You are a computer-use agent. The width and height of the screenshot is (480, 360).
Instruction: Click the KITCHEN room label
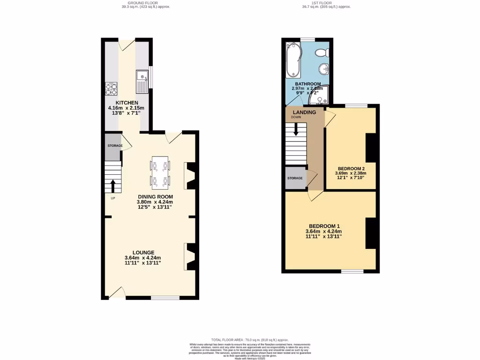pos(127,103)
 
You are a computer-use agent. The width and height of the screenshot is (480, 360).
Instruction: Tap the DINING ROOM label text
pos(155,196)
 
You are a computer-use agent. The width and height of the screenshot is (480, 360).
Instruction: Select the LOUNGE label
pos(143,252)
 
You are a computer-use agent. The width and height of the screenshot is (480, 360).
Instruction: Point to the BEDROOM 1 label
pos(323,225)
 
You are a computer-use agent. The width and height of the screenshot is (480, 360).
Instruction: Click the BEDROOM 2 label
pos(351,168)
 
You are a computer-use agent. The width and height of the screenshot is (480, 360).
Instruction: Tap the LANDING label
pos(304,112)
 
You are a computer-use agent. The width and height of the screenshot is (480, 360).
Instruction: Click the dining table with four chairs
pos(160,172)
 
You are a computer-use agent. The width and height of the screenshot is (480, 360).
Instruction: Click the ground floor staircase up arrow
pos(113,185)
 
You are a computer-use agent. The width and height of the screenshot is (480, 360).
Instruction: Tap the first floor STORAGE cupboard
pos(295,178)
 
